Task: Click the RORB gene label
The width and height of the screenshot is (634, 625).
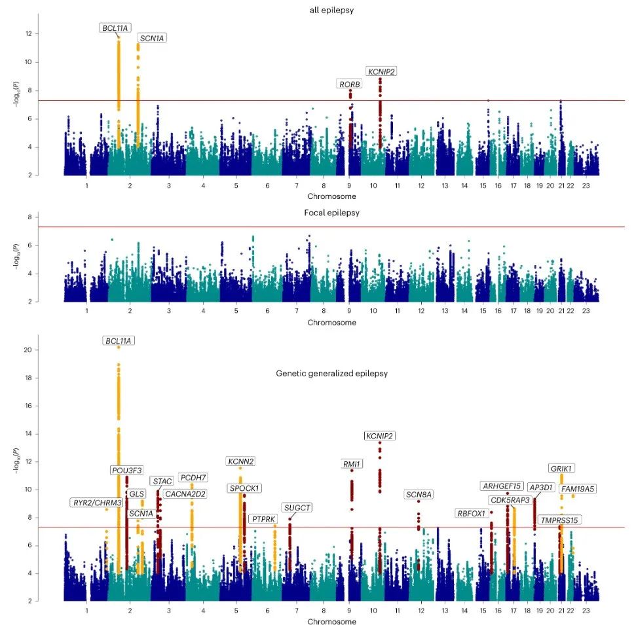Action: (350, 84)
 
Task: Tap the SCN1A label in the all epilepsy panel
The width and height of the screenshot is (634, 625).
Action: (152, 39)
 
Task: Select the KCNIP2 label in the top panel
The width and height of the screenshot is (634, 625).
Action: (381, 71)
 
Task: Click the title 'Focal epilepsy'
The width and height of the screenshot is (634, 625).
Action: (331, 213)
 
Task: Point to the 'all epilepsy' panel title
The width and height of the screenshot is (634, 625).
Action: (331, 10)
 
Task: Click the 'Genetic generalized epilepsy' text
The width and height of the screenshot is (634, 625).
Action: (331, 373)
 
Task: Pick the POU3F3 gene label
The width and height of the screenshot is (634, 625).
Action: (126, 471)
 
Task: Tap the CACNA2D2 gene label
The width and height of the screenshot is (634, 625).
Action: (185, 494)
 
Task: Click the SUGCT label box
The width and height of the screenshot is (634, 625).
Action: (297, 507)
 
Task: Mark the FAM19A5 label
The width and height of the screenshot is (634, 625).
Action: (578, 489)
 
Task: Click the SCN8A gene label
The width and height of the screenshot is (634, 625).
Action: (419, 494)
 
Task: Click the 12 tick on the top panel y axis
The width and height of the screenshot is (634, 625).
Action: (29, 33)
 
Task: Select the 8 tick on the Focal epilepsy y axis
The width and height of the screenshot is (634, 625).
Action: (29, 217)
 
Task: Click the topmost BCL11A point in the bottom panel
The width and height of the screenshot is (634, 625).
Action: (119, 347)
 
